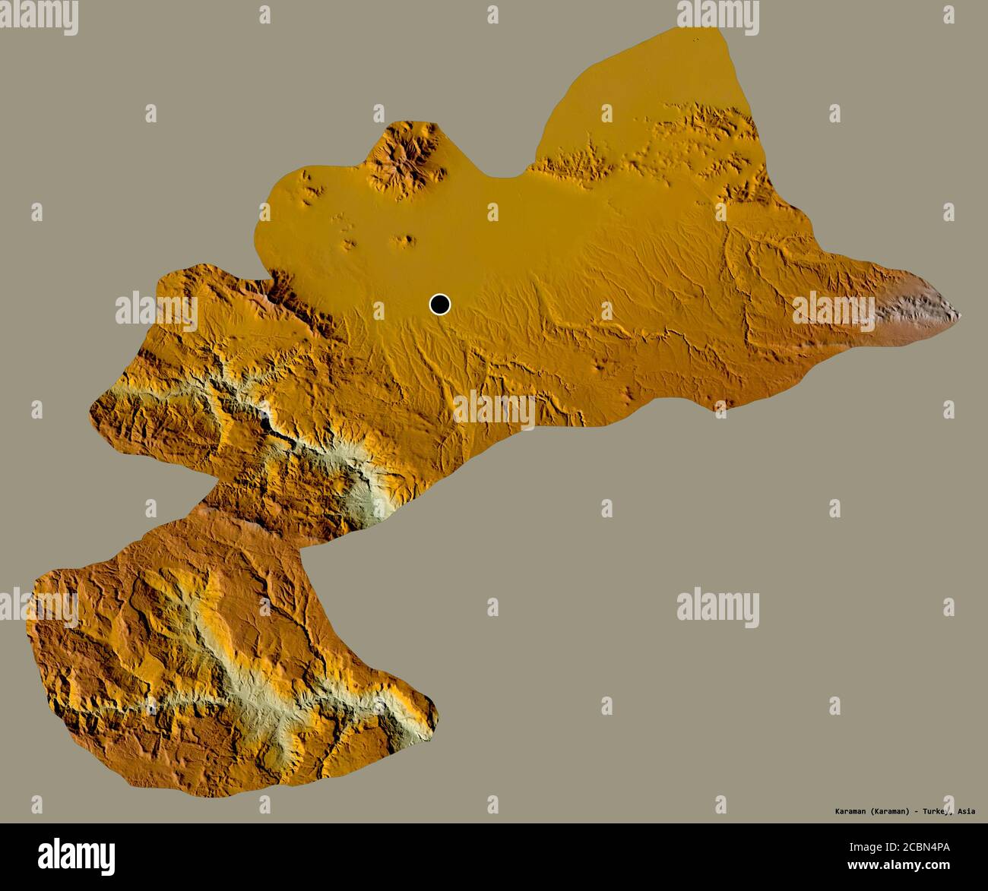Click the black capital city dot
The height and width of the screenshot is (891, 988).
439,305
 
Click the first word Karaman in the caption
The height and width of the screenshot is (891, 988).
847,811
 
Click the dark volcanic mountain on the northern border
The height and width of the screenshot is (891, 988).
403,156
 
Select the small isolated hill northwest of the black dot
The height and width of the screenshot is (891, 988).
404,242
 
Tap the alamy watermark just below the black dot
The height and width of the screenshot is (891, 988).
494,410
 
